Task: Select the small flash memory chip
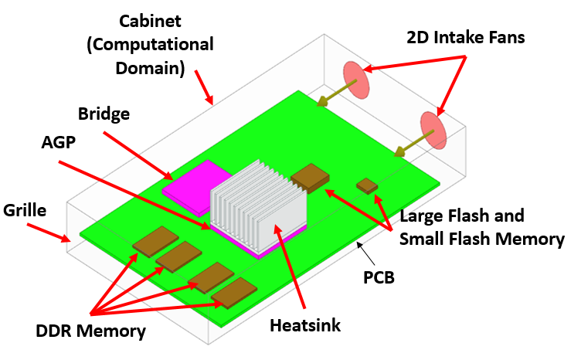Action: coord(367,185)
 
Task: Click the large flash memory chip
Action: coord(311,177)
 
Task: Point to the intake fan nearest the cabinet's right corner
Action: coord(433,130)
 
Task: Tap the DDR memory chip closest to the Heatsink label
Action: coord(233,293)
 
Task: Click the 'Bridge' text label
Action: coord(104,114)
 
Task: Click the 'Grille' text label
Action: coord(25,210)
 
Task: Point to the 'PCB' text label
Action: coord(379,276)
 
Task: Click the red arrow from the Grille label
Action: coord(47,231)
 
